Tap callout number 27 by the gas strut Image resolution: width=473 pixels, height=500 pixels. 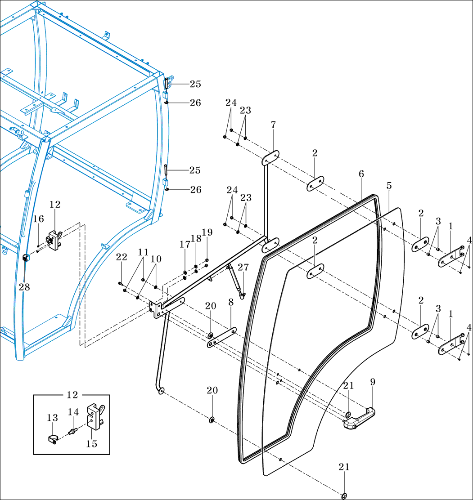(x=243, y=267)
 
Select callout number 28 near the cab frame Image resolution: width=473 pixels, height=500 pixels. (x=24, y=287)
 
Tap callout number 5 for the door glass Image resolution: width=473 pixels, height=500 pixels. (x=389, y=185)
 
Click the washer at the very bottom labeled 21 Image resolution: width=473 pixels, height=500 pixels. (x=344, y=496)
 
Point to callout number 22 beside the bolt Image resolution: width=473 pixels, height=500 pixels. (x=121, y=257)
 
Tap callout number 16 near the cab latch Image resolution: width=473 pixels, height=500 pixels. (x=39, y=219)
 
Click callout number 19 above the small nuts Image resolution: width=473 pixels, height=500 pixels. (x=207, y=232)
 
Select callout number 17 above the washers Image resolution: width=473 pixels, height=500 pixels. (x=185, y=244)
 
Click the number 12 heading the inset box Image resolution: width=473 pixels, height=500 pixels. (x=72, y=395)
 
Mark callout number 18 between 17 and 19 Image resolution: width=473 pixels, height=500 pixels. (x=196, y=238)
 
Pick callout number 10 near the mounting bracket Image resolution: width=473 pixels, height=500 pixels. (x=156, y=259)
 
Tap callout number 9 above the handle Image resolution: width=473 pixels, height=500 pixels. (x=373, y=382)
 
